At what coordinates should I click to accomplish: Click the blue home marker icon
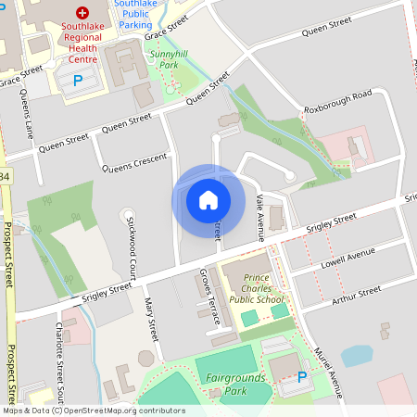point(208,199)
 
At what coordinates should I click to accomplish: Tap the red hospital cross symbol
point(83,14)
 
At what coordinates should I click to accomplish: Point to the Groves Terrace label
point(209,297)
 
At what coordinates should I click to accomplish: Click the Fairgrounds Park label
point(236,384)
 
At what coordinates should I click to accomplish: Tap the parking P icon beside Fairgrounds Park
point(301,378)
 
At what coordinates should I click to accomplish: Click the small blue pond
point(355,356)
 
